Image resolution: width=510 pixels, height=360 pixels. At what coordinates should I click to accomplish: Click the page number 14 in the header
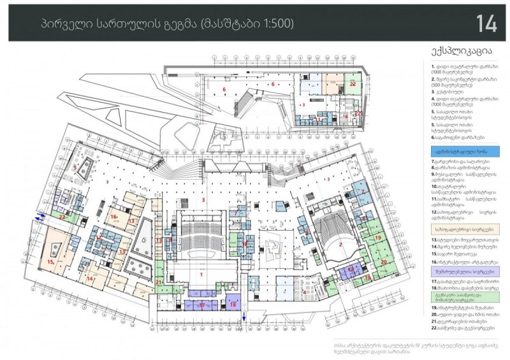coord(486,23)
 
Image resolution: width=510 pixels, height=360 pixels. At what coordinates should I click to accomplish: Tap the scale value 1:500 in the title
coord(276,24)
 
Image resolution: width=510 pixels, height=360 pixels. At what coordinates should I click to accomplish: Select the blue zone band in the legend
coord(463,152)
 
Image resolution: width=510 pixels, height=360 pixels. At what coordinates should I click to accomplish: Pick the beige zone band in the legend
coord(463,227)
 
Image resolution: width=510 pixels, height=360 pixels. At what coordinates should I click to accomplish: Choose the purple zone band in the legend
coord(463,270)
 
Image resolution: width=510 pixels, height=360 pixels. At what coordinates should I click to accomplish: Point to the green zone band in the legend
coord(463,296)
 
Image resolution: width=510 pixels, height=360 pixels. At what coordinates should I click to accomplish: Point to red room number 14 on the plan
coord(90,278)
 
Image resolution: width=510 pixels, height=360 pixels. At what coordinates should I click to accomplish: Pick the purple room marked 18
coord(233,305)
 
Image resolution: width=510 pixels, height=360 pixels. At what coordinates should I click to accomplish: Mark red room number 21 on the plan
coord(159,281)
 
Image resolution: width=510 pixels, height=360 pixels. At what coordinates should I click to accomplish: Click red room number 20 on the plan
coord(383,261)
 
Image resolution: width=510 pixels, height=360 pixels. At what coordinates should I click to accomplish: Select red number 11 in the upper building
coord(318,119)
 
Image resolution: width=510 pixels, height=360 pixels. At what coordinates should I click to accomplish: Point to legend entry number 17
coord(460,280)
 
